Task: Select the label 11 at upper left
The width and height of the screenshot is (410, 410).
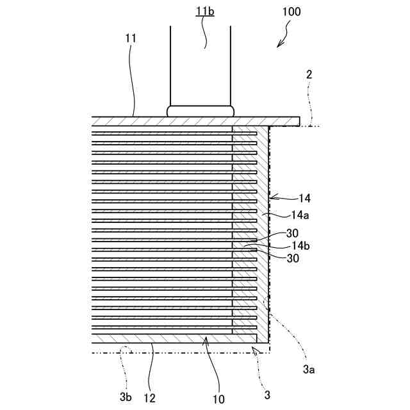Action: pyautogui.click(x=131, y=38)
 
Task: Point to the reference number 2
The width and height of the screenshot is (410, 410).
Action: pyautogui.click(x=309, y=75)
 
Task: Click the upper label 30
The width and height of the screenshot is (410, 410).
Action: pyautogui.click(x=293, y=234)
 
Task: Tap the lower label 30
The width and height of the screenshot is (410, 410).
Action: pyautogui.click(x=293, y=258)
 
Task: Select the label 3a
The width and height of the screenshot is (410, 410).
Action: pyautogui.click(x=308, y=369)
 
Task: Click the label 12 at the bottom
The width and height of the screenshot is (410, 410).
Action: pyautogui.click(x=149, y=398)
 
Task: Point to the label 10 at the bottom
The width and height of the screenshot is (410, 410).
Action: pyautogui.click(x=219, y=398)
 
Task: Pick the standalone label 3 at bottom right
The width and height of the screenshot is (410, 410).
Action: pyautogui.click(x=267, y=395)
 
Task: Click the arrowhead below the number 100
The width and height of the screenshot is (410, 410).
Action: pyautogui.click(x=278, y=44)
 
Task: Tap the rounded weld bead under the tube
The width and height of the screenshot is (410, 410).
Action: pyautogui.click(x=201, y=111)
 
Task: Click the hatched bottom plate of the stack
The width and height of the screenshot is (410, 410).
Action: pyautogui.click(x=160, y=338)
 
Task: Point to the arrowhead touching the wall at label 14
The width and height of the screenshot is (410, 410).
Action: pyautogui.click(x=272, y=196)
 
